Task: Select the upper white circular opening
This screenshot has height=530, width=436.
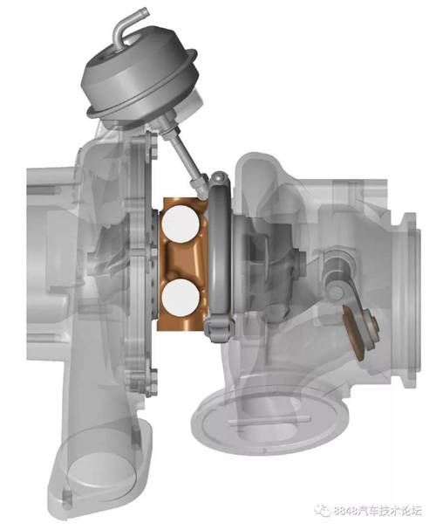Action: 181,224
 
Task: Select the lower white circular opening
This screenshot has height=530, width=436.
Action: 181,298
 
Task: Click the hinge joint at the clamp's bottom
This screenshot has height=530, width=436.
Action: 219,329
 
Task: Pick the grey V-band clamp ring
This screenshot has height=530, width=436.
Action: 220,257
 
